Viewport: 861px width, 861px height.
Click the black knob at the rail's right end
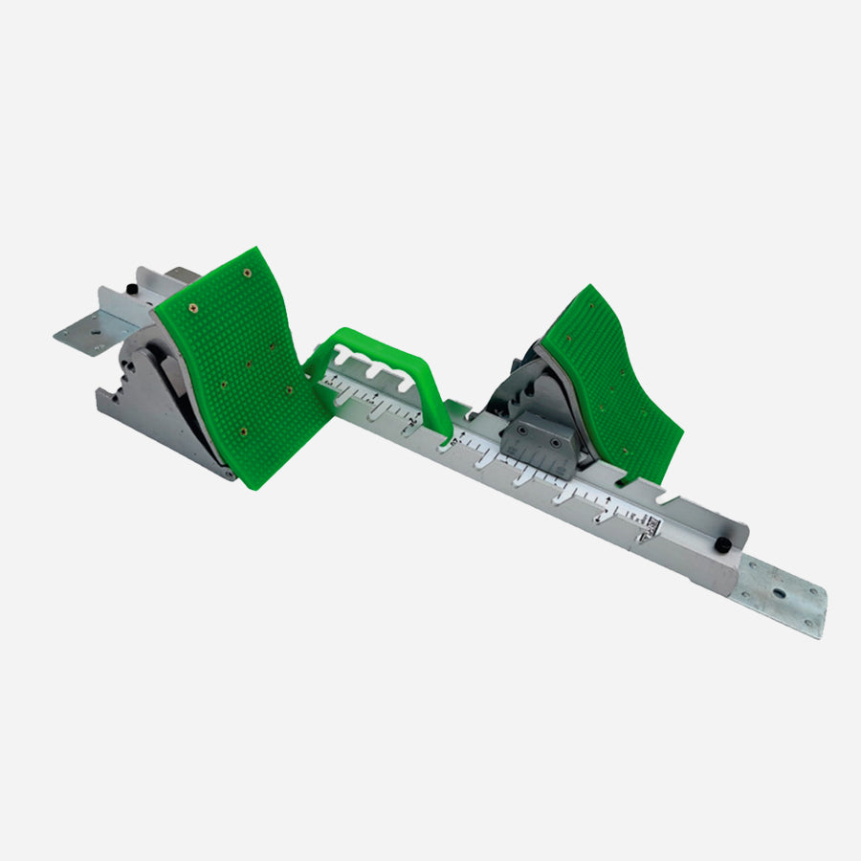click(x=724, y=544)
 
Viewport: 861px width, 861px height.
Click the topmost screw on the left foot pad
click(x=247, y=274)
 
